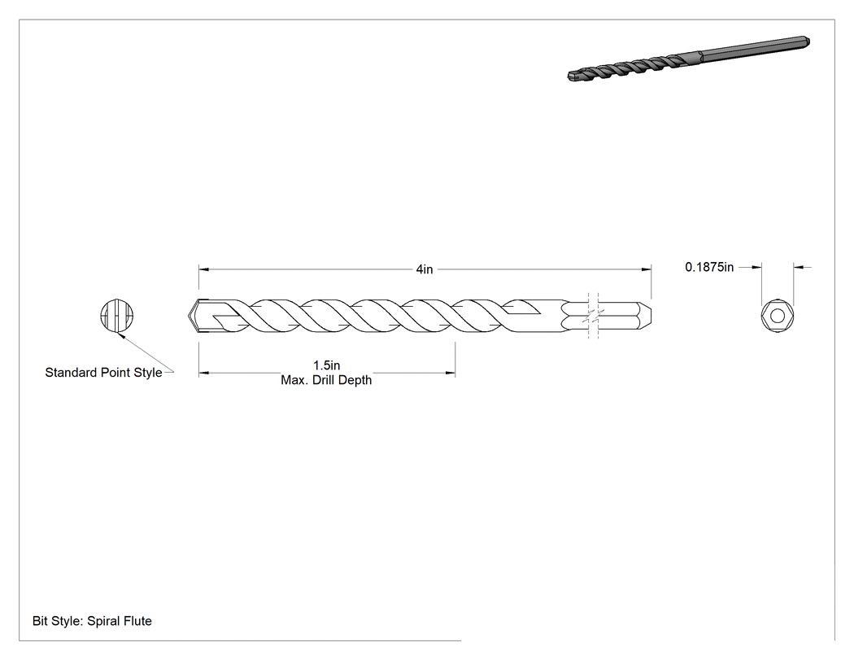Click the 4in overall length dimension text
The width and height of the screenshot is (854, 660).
(x=425, y=269)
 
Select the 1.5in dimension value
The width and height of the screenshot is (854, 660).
(x=326, y=365)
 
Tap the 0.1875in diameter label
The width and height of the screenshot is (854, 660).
(x=709, y=267)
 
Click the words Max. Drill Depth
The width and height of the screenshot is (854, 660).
(x=326, y=380)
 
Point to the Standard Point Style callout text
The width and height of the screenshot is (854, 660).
(x=103, y=372)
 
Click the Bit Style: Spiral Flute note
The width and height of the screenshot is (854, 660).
(x=92, y=621)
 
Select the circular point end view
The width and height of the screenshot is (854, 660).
(x=117, y=316)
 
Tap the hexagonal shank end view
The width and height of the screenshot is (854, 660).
(x=778, y=316)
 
